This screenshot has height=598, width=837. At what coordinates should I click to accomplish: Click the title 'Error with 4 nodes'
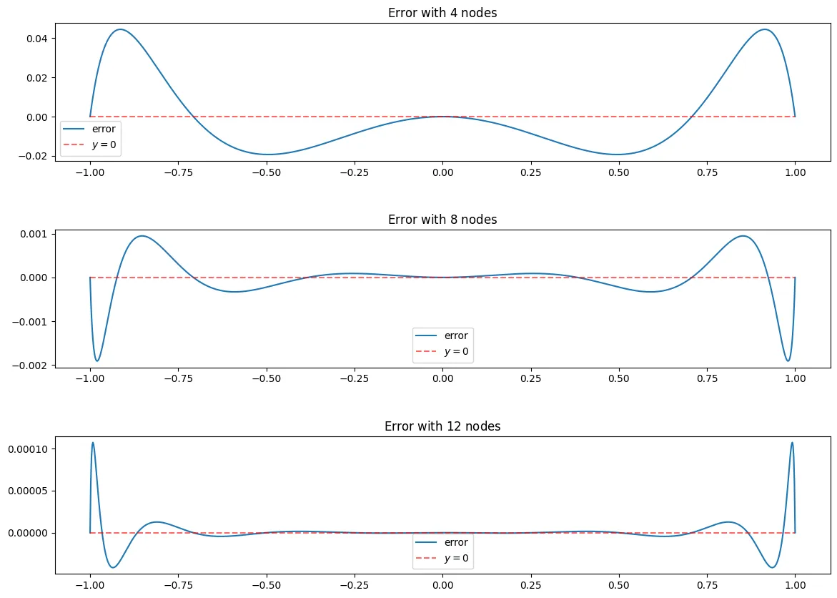click(442, 13)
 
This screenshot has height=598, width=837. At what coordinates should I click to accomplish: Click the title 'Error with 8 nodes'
click(442, 220)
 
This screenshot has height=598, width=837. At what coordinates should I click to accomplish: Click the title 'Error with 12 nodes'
click(442, 426)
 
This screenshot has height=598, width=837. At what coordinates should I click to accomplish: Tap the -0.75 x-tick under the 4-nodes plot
click(176, 172)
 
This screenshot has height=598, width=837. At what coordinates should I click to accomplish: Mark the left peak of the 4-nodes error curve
click(120, 29)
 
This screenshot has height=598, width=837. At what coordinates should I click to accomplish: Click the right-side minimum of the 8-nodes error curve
click(788, 361)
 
